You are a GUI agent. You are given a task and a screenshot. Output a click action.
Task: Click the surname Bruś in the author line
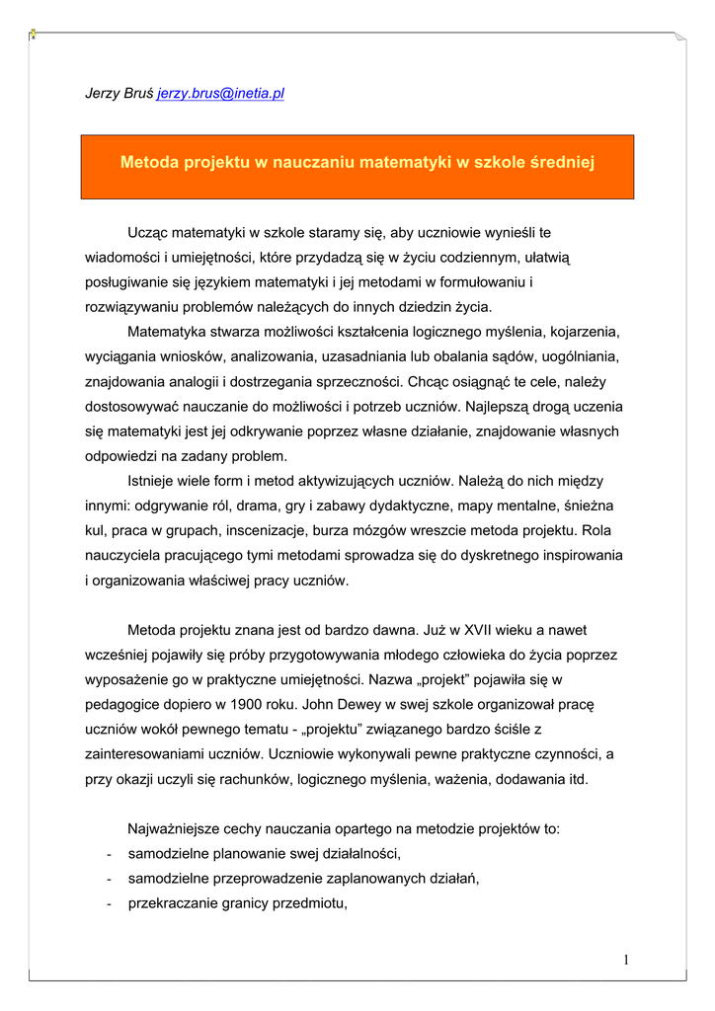(138, 94)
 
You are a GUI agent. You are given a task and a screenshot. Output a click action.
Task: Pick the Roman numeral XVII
(450, 629)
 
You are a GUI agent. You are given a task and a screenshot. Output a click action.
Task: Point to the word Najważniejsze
(175, 828)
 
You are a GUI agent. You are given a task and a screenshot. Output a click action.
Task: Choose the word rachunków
(241, 778)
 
